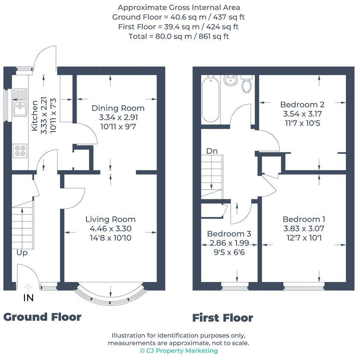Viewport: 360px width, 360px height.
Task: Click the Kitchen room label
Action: coord(34,116)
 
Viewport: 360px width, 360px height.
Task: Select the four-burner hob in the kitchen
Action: coord(20,151)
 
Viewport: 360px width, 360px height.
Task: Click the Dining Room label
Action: coord(118,108)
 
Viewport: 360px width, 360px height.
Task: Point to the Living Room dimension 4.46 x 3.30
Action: coord(110,229)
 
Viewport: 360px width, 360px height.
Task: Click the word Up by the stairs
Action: coord(22,253)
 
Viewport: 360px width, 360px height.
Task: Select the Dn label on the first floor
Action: coord(211,151)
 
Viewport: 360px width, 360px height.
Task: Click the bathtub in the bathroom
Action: coord(211,99)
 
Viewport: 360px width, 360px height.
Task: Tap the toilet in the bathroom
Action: coord(247,84)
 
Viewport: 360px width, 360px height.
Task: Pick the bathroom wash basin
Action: coord(231,80)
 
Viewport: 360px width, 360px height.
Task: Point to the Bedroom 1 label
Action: coord(304,219)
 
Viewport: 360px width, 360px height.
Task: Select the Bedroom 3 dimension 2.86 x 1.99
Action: coord(229,243)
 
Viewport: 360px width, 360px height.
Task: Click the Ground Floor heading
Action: coord(42,317)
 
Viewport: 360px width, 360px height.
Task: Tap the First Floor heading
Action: coord(223,318)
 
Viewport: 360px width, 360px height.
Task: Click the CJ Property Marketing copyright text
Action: coord(179,351)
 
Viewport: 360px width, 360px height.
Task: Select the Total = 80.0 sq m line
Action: coord(179,36)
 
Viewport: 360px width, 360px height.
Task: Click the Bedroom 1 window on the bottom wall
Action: coord(304,284)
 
